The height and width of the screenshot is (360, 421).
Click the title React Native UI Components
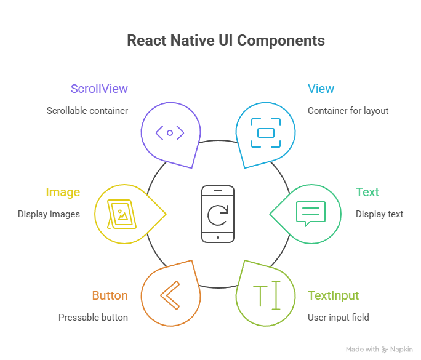pos(225,41)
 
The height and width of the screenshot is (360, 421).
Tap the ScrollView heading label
pos(99,89)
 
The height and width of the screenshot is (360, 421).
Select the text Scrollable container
pos(87,111)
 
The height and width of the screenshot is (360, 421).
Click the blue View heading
pos(321,89)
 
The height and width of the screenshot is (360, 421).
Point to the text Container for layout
pos(348,111)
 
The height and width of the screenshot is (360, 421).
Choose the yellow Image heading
pos(63,192)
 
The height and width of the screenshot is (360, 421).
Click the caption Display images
pos(49,214)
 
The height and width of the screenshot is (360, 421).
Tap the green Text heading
pos(367,192)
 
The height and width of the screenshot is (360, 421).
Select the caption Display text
pos(379,214)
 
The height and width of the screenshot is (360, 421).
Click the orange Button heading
pos(110,295)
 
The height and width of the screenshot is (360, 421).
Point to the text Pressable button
pos(93,318)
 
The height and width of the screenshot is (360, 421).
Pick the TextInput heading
pos(333,295)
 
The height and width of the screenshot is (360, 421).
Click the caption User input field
pos(339,318)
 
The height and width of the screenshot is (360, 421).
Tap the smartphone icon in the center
pos(218,214)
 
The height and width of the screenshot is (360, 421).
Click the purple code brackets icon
pos(170,132)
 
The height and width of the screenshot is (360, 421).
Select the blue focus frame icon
pos(265,132)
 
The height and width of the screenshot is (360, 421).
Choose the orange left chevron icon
pos(170,295)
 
